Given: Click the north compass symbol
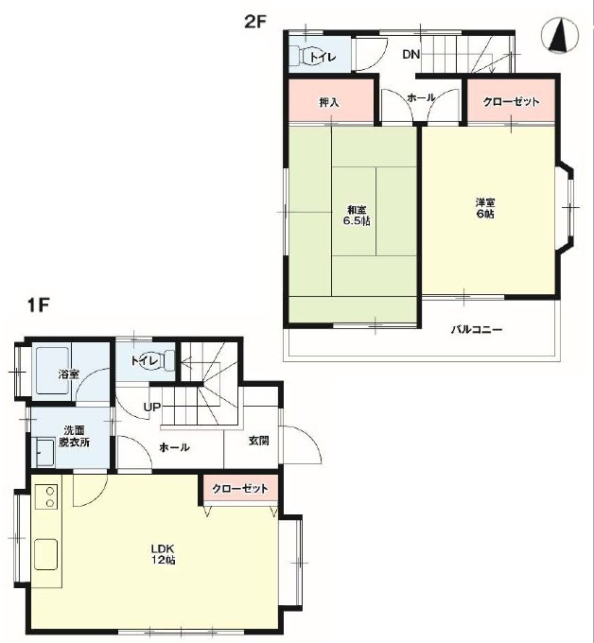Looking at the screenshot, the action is tap(560, 35).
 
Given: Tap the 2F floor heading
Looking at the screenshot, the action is tap(255, 21).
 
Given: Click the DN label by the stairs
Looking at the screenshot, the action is tap(411, 54).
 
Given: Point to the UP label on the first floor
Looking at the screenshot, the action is tap(151, 408).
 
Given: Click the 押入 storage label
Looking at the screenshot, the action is tap(329, 102).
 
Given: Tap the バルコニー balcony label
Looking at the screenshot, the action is tap(477, 329).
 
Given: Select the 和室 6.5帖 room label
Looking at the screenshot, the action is tap(357, 216).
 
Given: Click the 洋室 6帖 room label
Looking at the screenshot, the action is tap(485, 208).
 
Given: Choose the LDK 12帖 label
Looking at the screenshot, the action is tap(164, 554).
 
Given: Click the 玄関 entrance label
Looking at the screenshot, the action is tap(259, 441).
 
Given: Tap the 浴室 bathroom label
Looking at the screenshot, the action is tap(68, 374).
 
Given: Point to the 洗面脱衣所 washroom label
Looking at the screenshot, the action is tap(74, 436).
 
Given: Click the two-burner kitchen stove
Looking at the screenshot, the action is tap(46, 496).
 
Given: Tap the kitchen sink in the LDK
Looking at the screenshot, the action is tap(45, 554).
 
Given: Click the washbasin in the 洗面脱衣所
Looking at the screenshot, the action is tap(45, 452).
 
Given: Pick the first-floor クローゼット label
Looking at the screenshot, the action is tap(240, 489).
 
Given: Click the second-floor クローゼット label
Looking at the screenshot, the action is tap(511, 102).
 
